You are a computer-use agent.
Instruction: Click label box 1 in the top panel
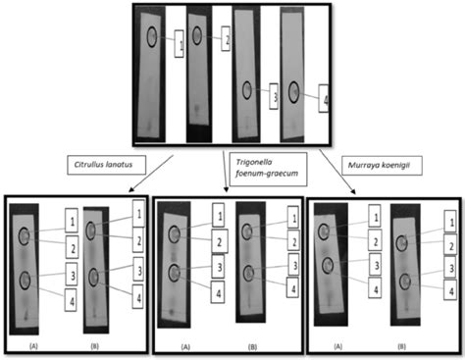point(180,42)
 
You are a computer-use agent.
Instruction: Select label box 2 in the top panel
point(226,39)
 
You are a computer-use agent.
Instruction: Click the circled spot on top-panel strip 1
point(152,37)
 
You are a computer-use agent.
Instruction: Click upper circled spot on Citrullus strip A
point(24,235)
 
